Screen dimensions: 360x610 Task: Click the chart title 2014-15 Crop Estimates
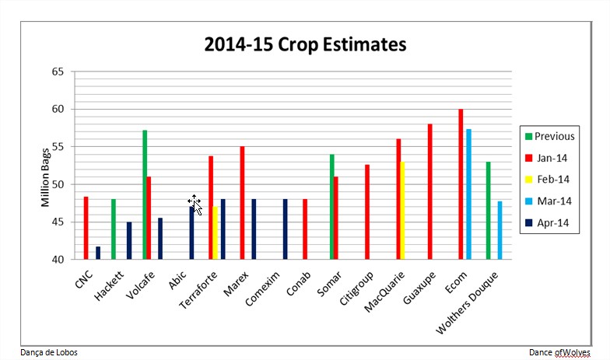305,44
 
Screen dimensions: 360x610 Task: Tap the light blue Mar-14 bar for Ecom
468,194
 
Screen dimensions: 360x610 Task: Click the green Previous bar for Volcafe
145,194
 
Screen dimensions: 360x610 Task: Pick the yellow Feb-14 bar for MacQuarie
402,210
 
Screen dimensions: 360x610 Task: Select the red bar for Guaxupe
429,191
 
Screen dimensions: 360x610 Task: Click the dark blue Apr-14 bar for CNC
98,253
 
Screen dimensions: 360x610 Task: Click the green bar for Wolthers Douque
488,210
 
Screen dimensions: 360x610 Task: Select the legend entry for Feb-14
550,179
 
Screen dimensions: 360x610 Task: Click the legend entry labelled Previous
550,136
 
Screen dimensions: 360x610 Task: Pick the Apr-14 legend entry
550,222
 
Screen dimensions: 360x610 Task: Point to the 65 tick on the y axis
57,72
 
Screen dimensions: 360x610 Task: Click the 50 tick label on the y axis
57,184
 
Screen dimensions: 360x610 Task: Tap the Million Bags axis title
46,177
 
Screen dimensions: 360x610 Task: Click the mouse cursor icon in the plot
195,204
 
